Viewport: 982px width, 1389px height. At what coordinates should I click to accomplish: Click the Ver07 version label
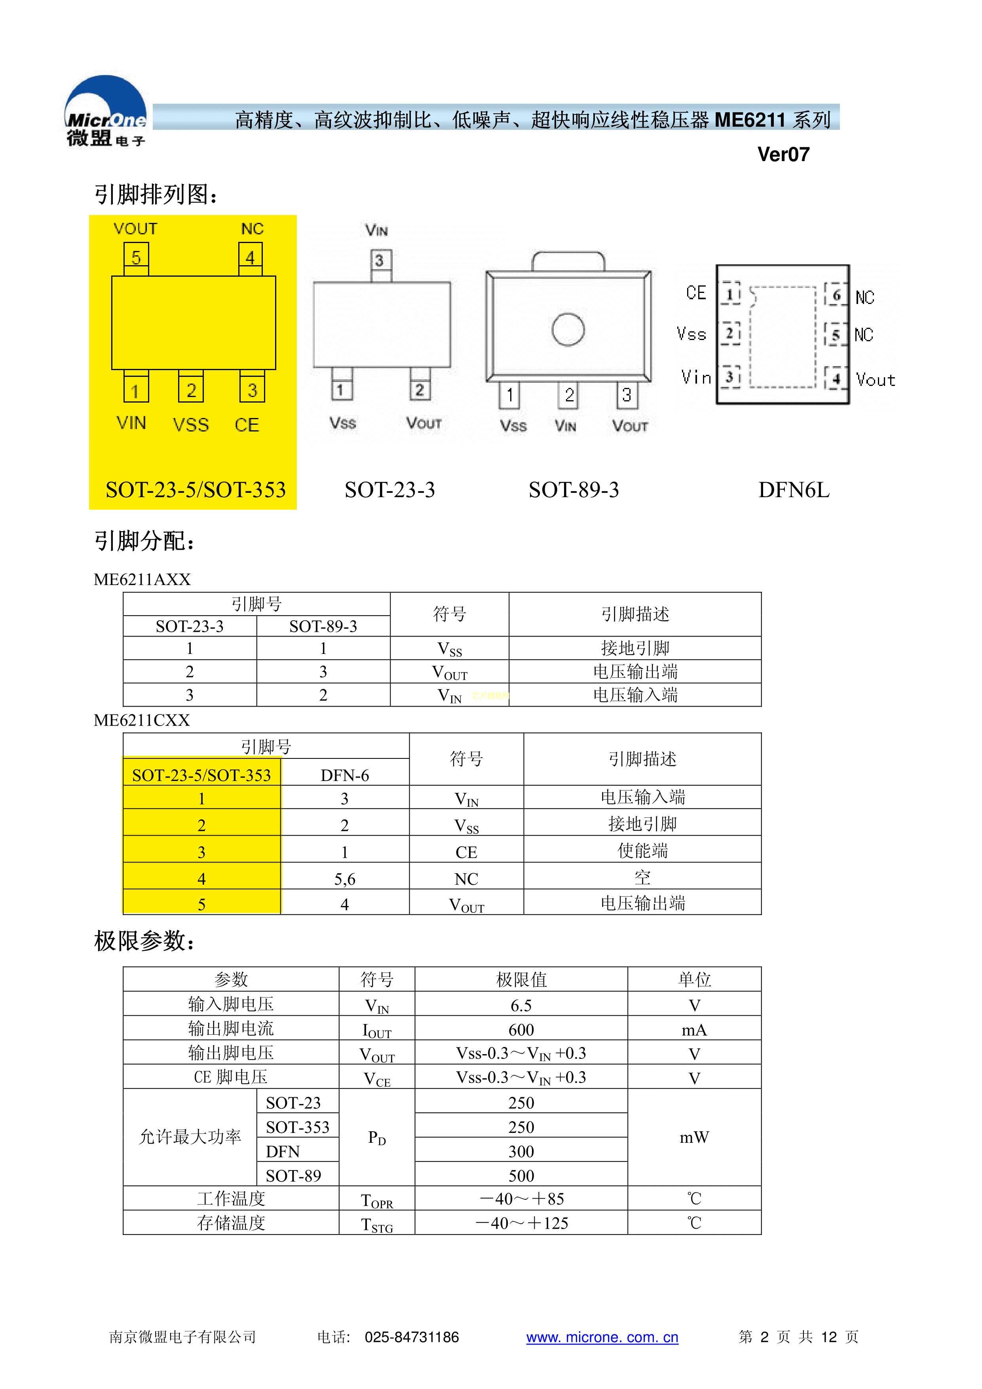(783, 155)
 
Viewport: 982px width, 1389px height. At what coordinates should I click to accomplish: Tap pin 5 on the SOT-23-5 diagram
(136, 257)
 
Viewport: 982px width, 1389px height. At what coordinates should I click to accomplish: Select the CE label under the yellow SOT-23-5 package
(247, 425)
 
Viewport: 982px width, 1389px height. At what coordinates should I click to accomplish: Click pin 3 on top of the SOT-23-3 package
(379, 261)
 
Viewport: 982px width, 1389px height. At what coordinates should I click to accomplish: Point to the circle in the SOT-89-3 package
(568, 330)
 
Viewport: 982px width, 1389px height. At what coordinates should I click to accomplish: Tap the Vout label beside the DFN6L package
(875, 380)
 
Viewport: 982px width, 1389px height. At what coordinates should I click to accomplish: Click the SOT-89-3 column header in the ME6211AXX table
(323, 626)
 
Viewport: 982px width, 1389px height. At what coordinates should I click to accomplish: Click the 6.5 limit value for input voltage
(521, 1005)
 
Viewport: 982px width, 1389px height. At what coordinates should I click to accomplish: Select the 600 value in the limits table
(521, 1030)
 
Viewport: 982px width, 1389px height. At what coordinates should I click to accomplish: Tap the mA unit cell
(694, 1030)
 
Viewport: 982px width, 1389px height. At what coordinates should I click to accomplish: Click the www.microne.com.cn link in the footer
(602, 1338)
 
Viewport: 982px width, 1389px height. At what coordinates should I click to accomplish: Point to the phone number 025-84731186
(411, 1338)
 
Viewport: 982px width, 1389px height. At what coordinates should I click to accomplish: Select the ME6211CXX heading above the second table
(142, 720)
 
